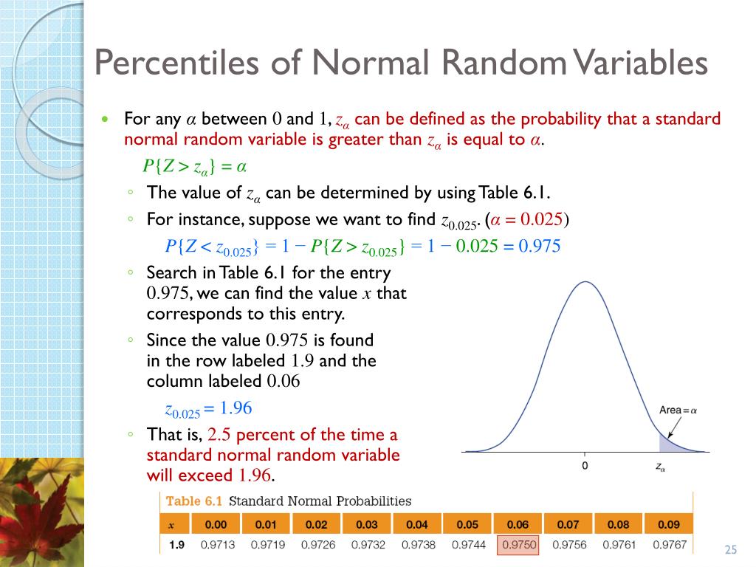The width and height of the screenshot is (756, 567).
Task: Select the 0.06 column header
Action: click(x=518, y=525)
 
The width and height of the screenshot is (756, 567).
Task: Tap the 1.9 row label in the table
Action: click(x=176, y=546)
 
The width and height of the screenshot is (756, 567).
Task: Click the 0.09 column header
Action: click(x=668, y=525)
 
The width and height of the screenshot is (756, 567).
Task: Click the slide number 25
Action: click(x=731, y=549)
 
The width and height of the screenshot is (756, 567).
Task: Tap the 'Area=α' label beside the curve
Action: click(x=678, y=410)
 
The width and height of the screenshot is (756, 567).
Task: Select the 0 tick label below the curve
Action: click(x=585, y=467)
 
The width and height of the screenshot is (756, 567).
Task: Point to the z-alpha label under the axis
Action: click(x=660, y=467)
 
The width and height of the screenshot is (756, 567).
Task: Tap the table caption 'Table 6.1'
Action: click(x=194, y=501)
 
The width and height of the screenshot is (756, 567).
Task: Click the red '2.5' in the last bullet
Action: click(x=220, y=434)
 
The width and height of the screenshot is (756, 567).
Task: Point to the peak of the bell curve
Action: click(x=585, y=283)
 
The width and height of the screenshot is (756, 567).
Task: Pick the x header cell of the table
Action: click(x=171, y=525)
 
